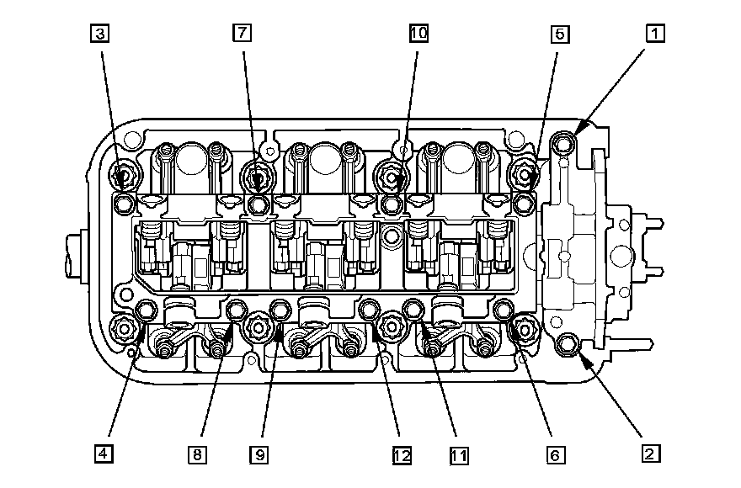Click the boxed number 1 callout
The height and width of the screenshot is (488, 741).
pyautogui.click(x=654, y=33)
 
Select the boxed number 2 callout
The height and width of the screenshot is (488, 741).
pyautogui.click(x=648, y=454)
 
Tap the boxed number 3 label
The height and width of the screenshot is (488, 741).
pyautogui.click(x=101, y=33)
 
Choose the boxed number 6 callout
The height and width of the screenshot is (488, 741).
pyautogui.click(x=552, y=454)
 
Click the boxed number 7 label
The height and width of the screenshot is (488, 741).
pyautogui.click(x=242, y=33)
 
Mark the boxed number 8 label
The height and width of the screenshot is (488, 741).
pyautogui.click(x=196, y=454)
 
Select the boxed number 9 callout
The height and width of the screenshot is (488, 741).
pyautogui.click(x=259, y=454)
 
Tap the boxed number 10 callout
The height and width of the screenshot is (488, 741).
pyautogui.click(x=418, y=33)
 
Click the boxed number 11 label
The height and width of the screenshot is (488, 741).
pyautogui.click(x=458, y=454)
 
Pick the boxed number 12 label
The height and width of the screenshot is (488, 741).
pyautogui.click(x=401, y=454)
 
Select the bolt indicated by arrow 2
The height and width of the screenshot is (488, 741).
pyautogui.click(x=568, y=342)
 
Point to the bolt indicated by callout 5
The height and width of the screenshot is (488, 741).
pyautogui.click(x=527, y=175)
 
